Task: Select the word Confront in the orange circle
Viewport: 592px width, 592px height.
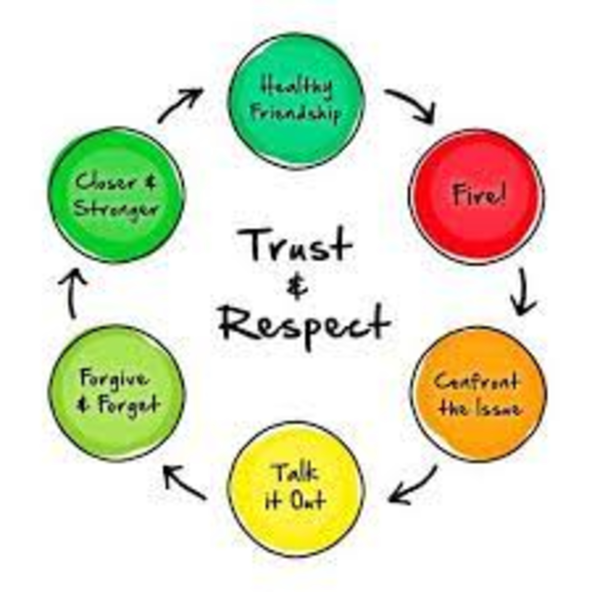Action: [477, 382]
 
